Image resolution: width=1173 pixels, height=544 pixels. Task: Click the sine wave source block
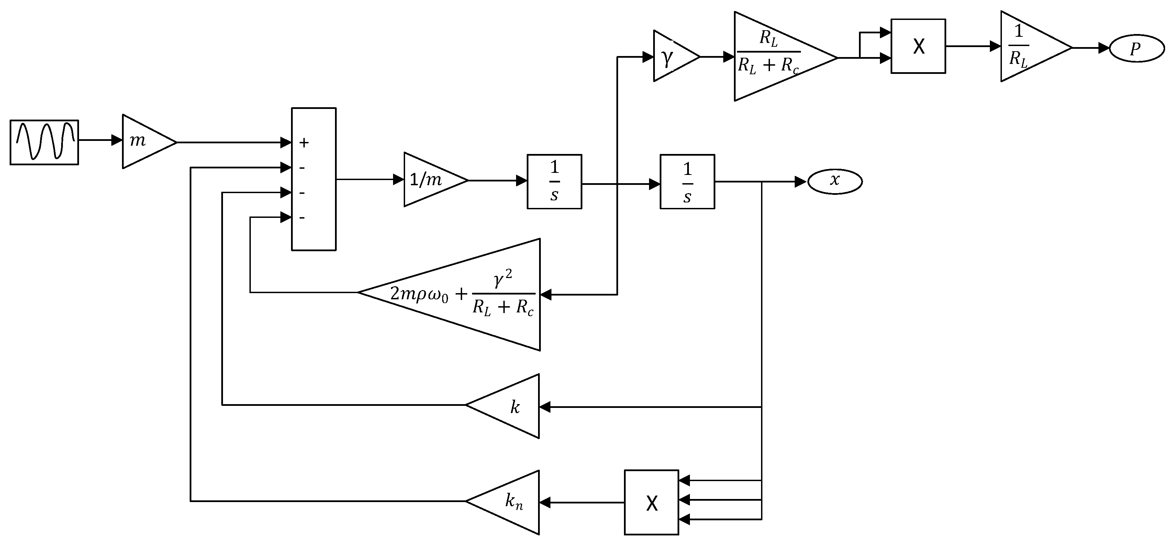tap(44, 142)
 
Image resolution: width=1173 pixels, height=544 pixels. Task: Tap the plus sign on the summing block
tap(304, 143)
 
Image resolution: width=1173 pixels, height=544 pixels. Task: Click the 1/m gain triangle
tap(430, 180)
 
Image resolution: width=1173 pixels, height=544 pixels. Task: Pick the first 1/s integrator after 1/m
tap(554, 181)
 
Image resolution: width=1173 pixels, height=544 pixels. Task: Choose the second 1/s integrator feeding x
tap(687, 181)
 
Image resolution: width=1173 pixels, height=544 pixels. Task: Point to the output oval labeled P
tap(1137, 48)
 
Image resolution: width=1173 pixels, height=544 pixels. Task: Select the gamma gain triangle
tap(672, 56)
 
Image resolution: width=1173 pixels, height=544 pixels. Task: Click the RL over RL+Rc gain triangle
tap(774, 56)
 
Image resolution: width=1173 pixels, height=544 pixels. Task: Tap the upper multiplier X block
tap(918, 46)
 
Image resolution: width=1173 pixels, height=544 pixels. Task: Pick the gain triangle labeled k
tap(510, 407)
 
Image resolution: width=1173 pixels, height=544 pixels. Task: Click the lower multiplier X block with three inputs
tap(651, 502)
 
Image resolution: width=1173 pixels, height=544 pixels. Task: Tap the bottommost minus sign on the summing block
tap(302, 218)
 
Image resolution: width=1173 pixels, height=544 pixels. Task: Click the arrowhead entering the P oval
tap(1104, 48)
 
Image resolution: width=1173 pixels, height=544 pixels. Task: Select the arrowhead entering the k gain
tap(545, 407)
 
